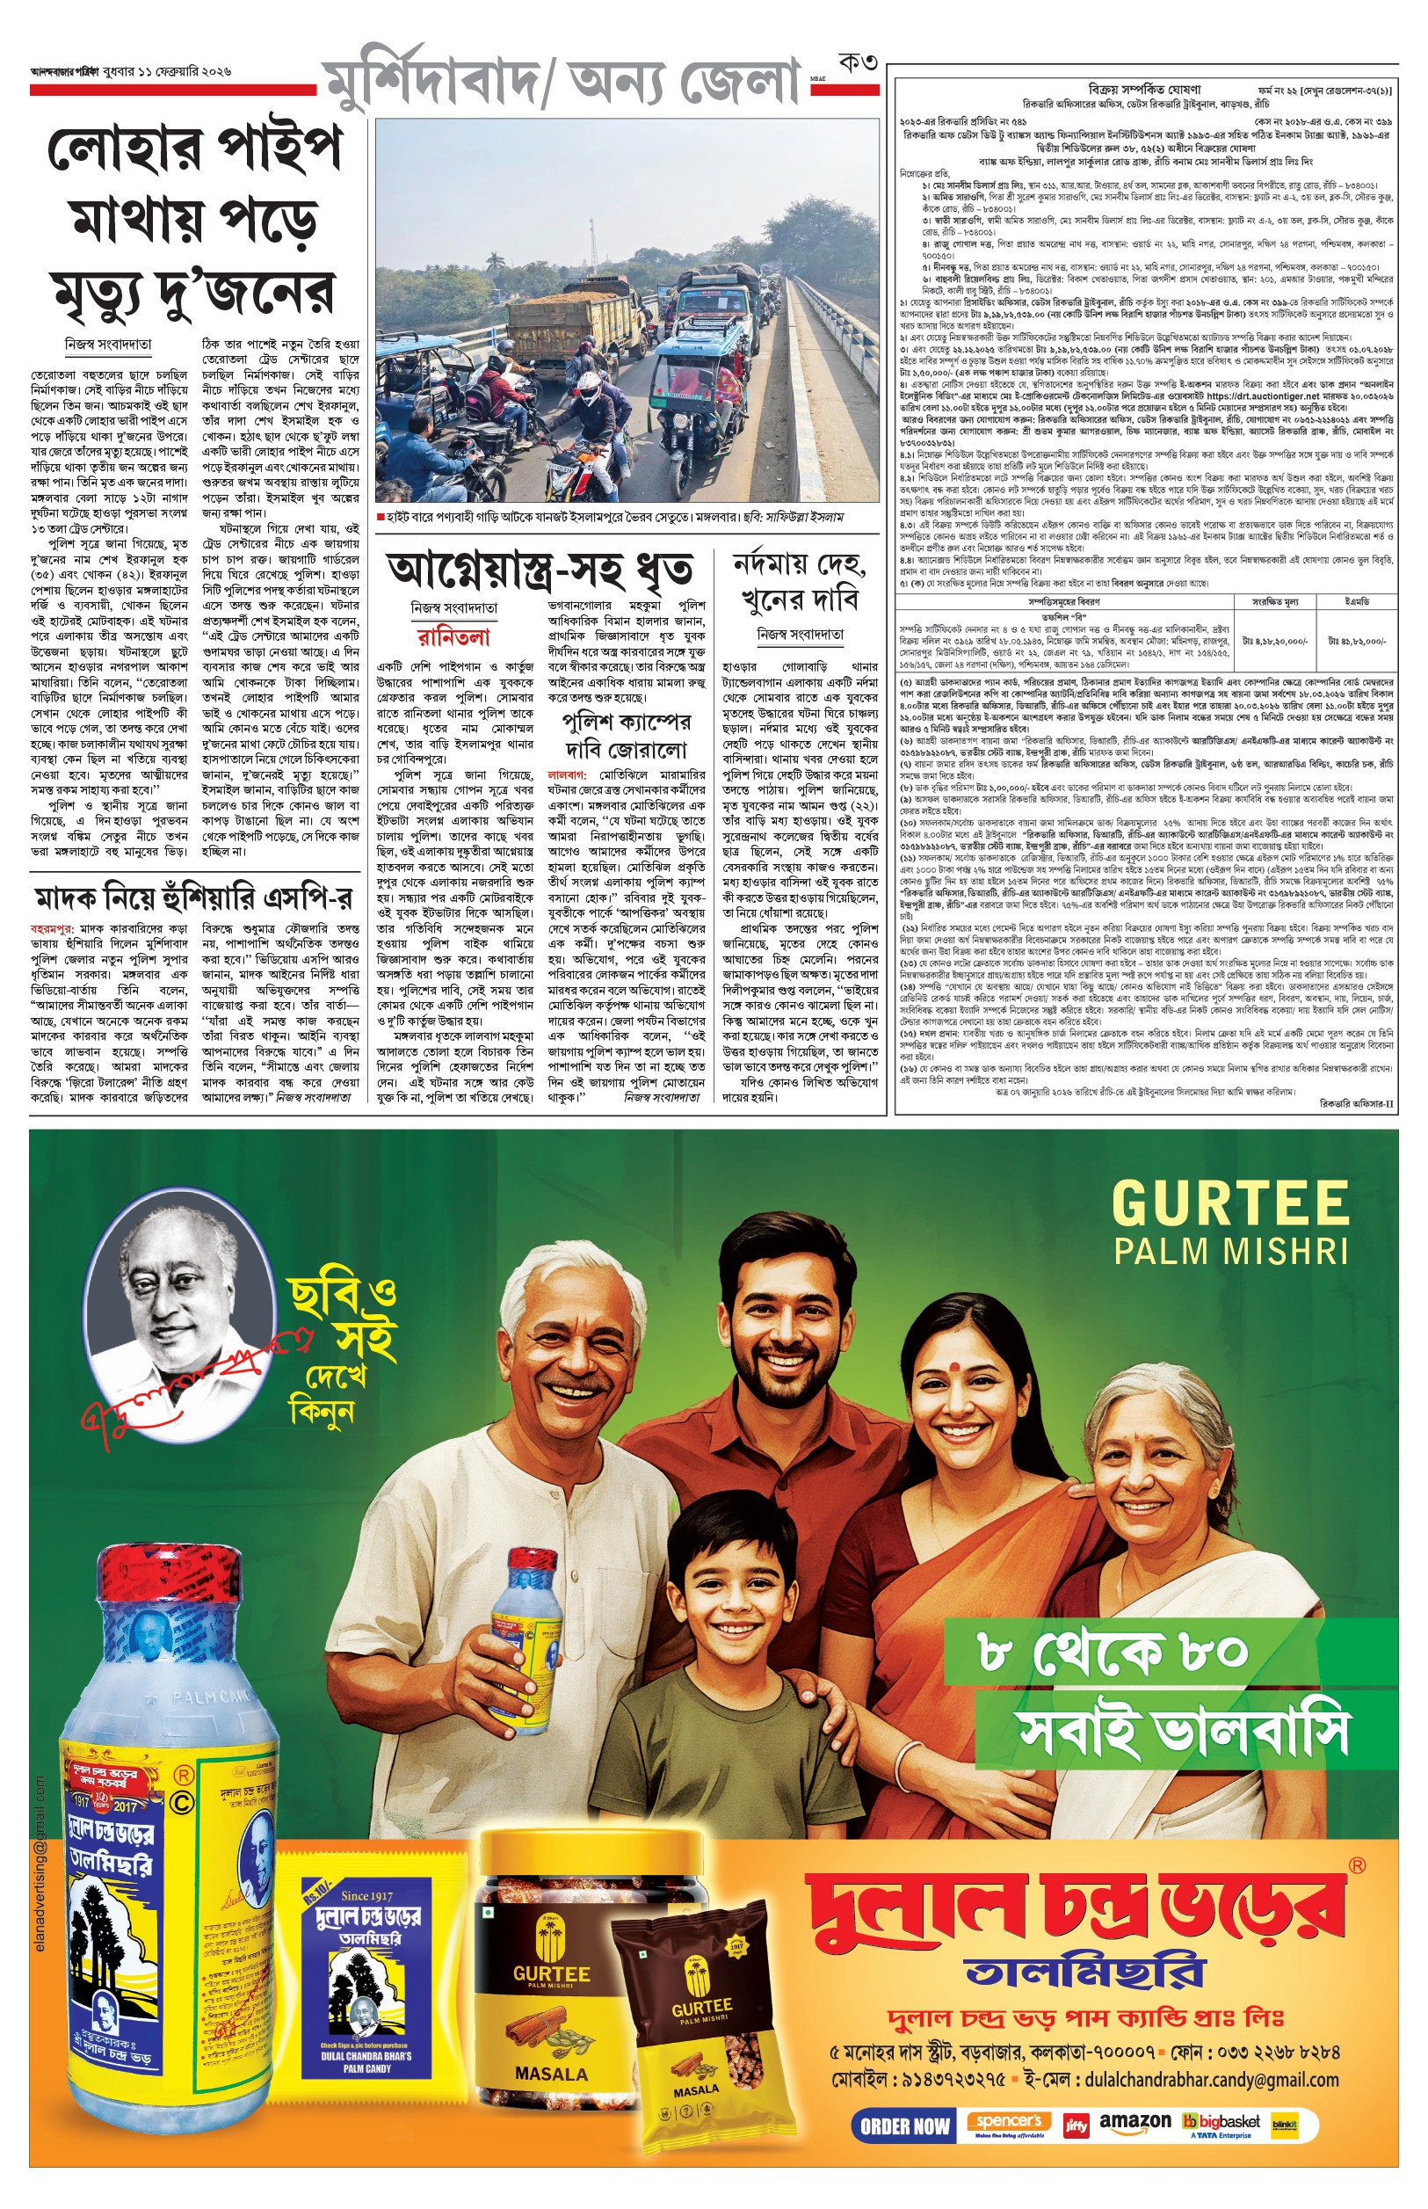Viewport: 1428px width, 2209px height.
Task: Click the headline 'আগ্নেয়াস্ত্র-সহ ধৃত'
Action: pyautogui.click(x=539, y=570)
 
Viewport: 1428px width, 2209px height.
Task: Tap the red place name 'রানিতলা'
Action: pyautogui.click(x=453, y=637)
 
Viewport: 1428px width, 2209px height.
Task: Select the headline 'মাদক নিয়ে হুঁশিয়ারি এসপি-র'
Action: pyautogui.click(x=194, y=897)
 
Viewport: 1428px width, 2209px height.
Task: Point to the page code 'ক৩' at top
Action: pyautogui.click(x=857, y=63)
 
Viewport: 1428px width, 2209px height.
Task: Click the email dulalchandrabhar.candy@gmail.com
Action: pyautogui.click(x=1211, y=2079)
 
